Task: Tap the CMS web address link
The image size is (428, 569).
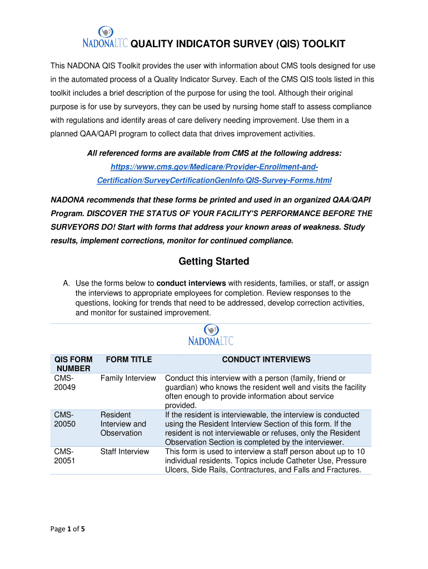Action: tap(214, 173)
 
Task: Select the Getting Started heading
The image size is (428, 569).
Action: tap(213, 261)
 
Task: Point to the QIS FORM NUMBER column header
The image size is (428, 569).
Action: tap(73, 364)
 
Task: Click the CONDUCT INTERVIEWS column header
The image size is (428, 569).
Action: tap(266, 360)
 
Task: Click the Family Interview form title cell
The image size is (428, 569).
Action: tap(128, 378)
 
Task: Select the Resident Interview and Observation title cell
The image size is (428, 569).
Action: tap(123, 424)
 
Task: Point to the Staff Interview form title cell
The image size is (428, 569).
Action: tap(125, 452)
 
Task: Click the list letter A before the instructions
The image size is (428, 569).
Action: tap(66, 283)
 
